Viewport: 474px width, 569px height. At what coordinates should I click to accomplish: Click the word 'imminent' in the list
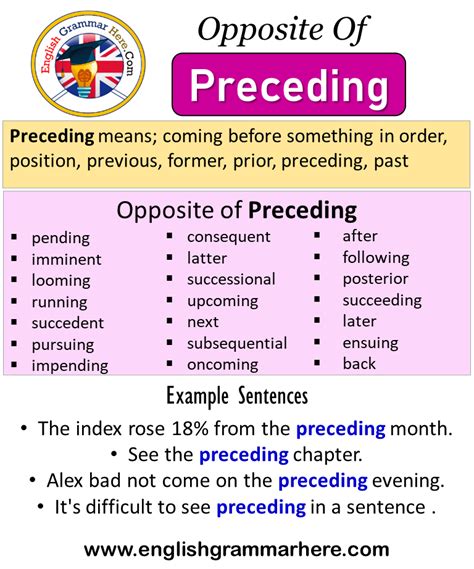click(x=66, y=259)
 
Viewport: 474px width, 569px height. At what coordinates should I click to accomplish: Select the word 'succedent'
click(x=68, y=323)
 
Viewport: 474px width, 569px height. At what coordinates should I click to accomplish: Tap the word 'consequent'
click(x=229, y=237)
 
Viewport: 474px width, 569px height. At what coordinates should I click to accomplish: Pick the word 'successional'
click(x=231, y=279)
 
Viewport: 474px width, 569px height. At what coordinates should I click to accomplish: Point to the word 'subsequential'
click(x=237, y=344)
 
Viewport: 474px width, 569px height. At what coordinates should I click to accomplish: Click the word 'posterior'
click(x=375, y=279)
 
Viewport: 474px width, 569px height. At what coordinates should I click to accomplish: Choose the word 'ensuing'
click(x=370, y=343)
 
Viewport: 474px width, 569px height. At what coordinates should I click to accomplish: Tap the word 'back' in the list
click(x=359, y=364)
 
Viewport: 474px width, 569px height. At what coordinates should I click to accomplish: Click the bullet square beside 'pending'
click(x=14, y=237)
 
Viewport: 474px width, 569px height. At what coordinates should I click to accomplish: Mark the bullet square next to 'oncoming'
click(x=169, y=363)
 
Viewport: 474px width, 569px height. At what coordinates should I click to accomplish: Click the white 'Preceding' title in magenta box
click(x=289, y=86)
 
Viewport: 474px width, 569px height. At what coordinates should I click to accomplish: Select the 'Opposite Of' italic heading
click(x=283, y=30)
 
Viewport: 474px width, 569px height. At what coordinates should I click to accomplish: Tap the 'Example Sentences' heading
click(x=237, y=396)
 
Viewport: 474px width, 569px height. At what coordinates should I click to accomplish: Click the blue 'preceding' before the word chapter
click(x=244, y=455)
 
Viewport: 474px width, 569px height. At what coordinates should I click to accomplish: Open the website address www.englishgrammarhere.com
click(x=237, y=549)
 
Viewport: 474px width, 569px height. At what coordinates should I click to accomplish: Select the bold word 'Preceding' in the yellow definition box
click(x=52, y=137)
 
